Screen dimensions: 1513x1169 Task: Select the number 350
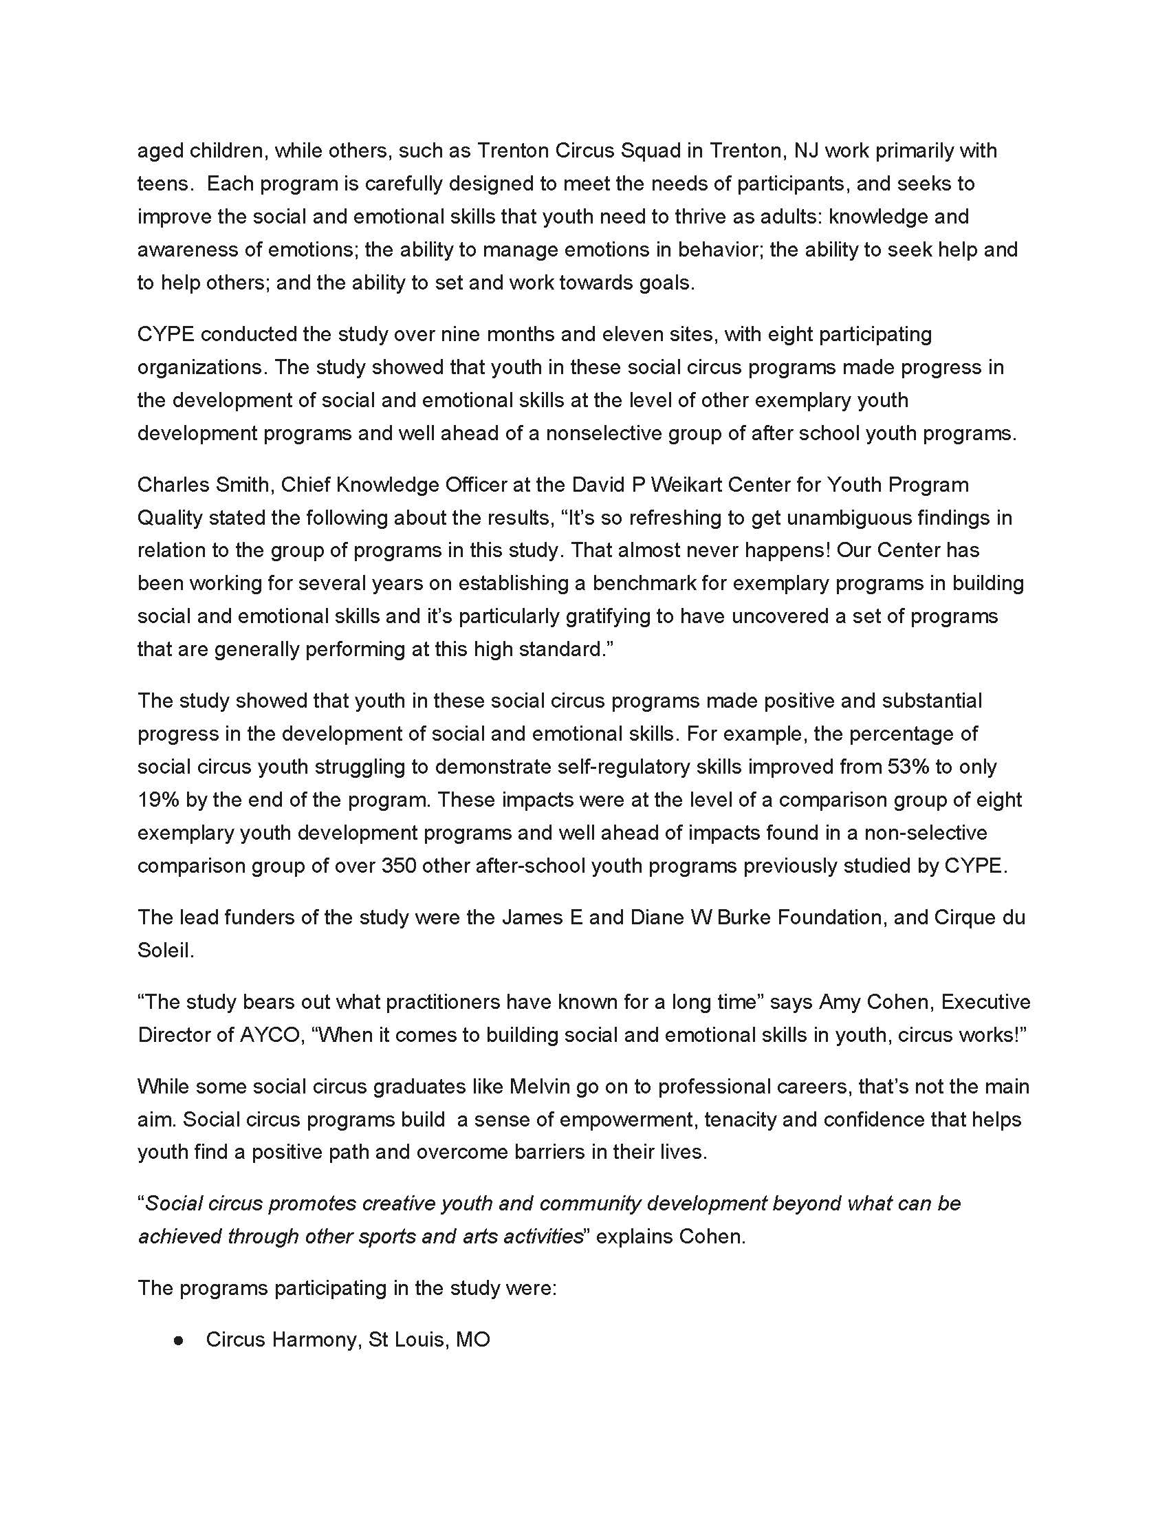(398, 866)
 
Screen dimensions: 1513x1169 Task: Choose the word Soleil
(165, 950)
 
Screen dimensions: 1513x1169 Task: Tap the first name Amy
(839, 1002)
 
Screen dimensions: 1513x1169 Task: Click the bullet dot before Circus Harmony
(179, 1340)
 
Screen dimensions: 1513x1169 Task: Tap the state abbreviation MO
(473, 1340)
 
